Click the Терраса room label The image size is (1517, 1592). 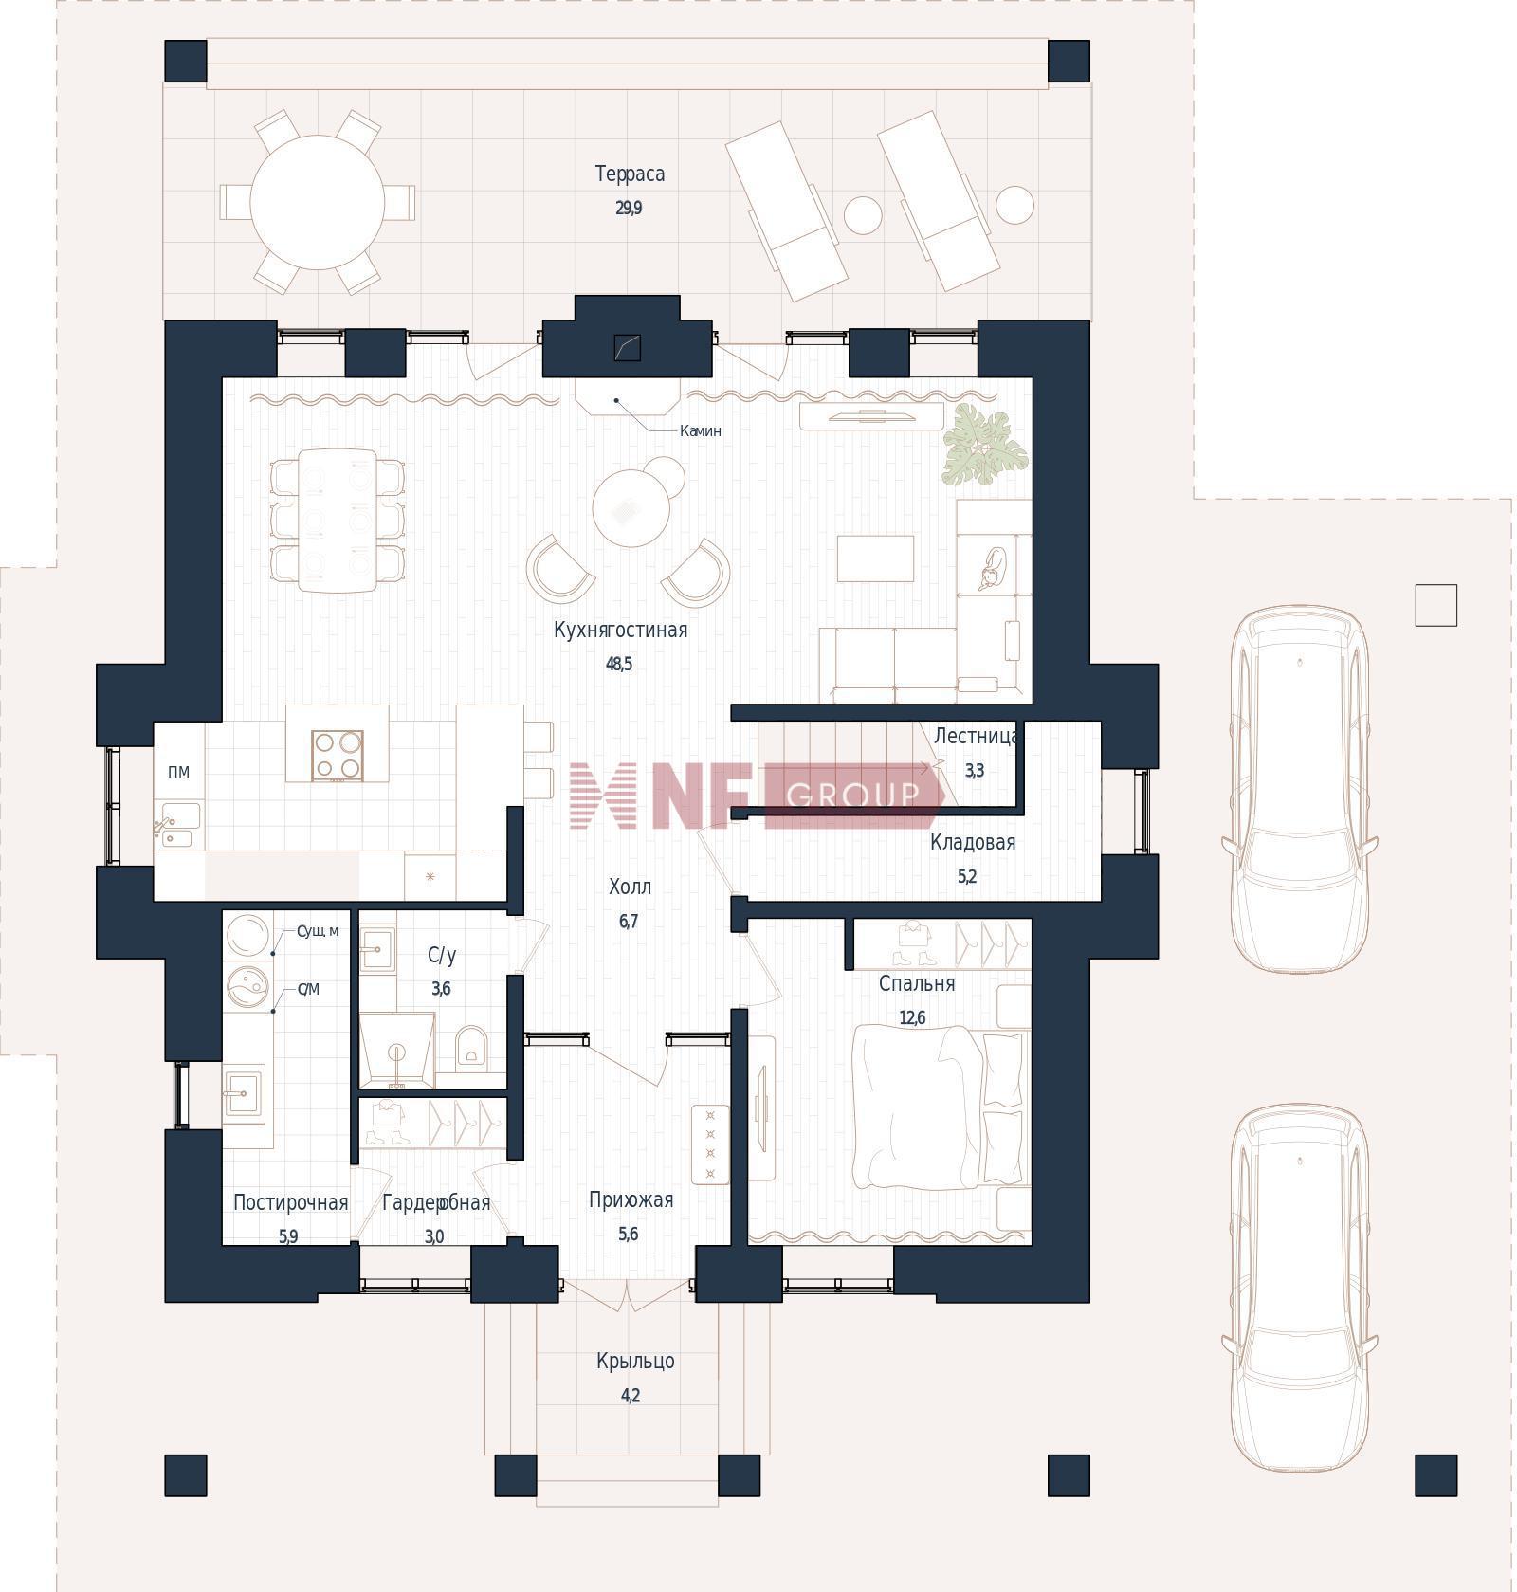tap(630, 174)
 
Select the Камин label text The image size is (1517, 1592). tap(701, 431)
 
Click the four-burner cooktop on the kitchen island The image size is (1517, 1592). tap(338, 755)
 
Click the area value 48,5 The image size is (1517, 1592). tap(619, 665)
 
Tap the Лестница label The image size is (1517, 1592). tap(976, 737)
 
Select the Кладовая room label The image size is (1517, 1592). tap(973, 843)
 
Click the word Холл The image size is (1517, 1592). tap(630, 887)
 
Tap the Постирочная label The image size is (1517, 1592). tap(290, 1203)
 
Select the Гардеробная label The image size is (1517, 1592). tap(436, 1203)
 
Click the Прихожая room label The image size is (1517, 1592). tap(631, 1200)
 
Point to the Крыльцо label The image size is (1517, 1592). tap(635, 1362)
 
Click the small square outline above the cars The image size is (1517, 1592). tap(1435, 605)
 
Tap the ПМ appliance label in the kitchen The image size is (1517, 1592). tap(178, 772)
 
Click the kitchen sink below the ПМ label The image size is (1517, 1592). tap(178, 825)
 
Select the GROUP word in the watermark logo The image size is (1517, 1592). tap(852, 795)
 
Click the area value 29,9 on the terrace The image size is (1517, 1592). tap(629, 209)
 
